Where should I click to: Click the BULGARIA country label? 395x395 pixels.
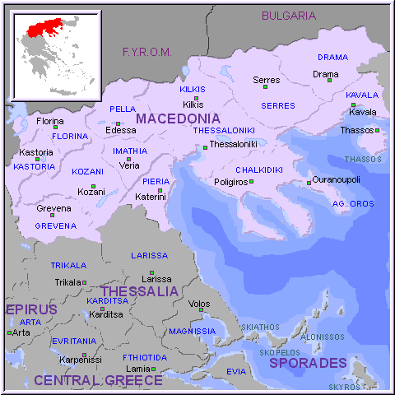point(288,15)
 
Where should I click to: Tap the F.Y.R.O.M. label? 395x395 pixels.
point(146,52)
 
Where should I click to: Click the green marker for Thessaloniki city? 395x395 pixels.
point(205,147)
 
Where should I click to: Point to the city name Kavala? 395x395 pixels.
point(362,112)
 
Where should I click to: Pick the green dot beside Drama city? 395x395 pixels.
point(329,81)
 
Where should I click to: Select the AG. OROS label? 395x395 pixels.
point(352,202)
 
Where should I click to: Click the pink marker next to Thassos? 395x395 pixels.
point(377,130)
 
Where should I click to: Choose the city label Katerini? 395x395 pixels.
point(151,197)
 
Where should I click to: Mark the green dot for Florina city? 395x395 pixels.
point(55,127)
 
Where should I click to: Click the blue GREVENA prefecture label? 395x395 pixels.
point(55,225)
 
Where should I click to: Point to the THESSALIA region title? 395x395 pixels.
point(139,291)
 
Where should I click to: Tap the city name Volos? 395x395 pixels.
point(199,304)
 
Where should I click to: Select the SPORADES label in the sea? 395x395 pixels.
point(308,363)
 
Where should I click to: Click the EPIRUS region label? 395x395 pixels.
point(31,309)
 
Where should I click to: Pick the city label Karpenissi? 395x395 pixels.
point(79,359)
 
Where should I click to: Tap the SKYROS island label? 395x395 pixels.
point(344,386)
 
